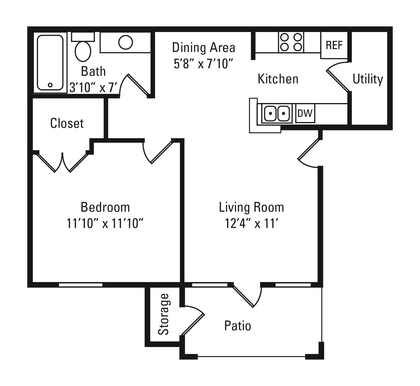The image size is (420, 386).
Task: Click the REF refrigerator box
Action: pos(334,45)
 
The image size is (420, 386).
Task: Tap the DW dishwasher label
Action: pos(305,113)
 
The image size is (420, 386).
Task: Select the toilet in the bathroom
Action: pos(83,47)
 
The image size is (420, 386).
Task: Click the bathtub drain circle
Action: pos(50,85)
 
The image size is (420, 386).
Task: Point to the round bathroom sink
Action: pos(125,42)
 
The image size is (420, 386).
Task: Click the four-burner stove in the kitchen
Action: pos(291,42)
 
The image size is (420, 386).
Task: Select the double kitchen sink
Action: pos(277,113)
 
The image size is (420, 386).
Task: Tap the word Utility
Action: pos(368,79)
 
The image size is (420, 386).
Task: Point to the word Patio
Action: pos(238,326)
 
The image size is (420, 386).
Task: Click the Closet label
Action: pos(67,123)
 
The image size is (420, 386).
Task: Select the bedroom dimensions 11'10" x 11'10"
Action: pos(105,224)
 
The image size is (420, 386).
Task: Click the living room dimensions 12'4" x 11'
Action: pos(252,224)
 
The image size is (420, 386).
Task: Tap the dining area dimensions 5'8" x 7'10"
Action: pos(203,64)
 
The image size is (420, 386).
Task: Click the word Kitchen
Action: pos(278,79)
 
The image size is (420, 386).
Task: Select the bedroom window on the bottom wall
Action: pos(81,285)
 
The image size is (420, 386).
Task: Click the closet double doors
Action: pos(63,162)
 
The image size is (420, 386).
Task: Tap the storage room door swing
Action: pos(193,321)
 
